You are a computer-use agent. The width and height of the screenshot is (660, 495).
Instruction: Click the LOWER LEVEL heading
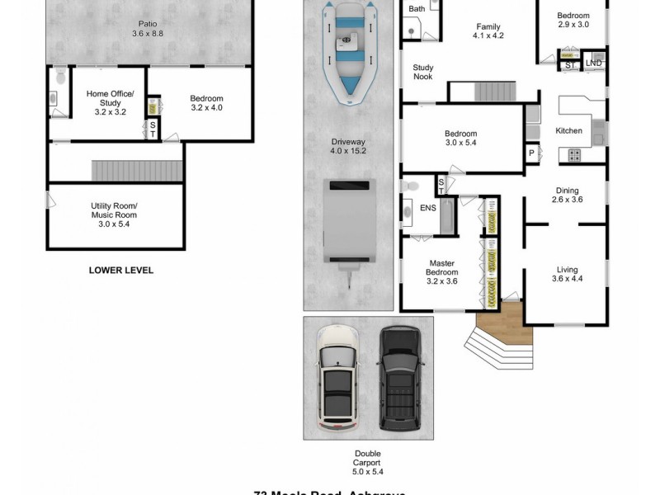[120, 270]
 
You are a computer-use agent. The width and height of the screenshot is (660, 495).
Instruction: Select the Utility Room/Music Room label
[114, 214]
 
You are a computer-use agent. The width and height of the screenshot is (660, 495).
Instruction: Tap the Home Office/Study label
[110, 102]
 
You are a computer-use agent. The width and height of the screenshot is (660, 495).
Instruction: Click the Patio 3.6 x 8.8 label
[148, 29]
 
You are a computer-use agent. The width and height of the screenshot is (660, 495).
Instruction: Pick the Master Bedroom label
[441, 272]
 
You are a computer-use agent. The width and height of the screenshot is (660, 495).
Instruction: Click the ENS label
[427, 208]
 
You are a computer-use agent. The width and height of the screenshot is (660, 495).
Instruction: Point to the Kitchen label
[568, 131]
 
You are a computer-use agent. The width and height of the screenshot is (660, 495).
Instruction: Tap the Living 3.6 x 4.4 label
[566, 274]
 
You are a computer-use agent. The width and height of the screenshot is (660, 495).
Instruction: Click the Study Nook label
[422, 73]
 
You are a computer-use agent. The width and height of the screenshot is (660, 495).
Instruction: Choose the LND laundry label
[593, 63]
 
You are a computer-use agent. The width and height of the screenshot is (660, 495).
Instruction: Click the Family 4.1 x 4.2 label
[488, 31]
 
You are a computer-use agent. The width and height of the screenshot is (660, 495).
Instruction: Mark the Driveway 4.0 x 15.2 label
[347, 147]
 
